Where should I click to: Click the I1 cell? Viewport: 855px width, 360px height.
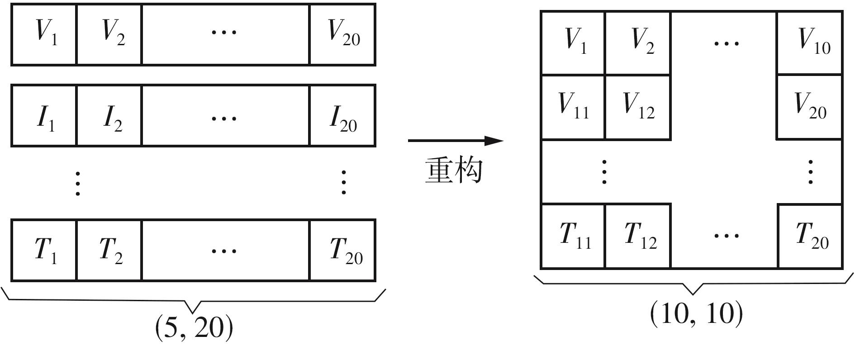coord(44,116)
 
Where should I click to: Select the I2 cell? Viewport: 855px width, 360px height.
coord(109,116)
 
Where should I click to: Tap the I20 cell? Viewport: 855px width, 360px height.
coord(342,116)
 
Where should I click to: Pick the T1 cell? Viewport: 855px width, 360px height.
coord(44,250)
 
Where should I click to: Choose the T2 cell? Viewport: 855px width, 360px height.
coord(109,250)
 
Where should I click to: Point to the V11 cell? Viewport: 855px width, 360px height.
coord(573,107)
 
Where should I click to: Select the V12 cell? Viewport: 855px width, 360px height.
coord(638,107)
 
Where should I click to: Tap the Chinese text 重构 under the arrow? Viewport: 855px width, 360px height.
coord(454,171)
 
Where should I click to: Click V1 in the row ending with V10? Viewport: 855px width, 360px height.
coord(573,43)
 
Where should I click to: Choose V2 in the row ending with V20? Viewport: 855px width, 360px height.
coord(109,34)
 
